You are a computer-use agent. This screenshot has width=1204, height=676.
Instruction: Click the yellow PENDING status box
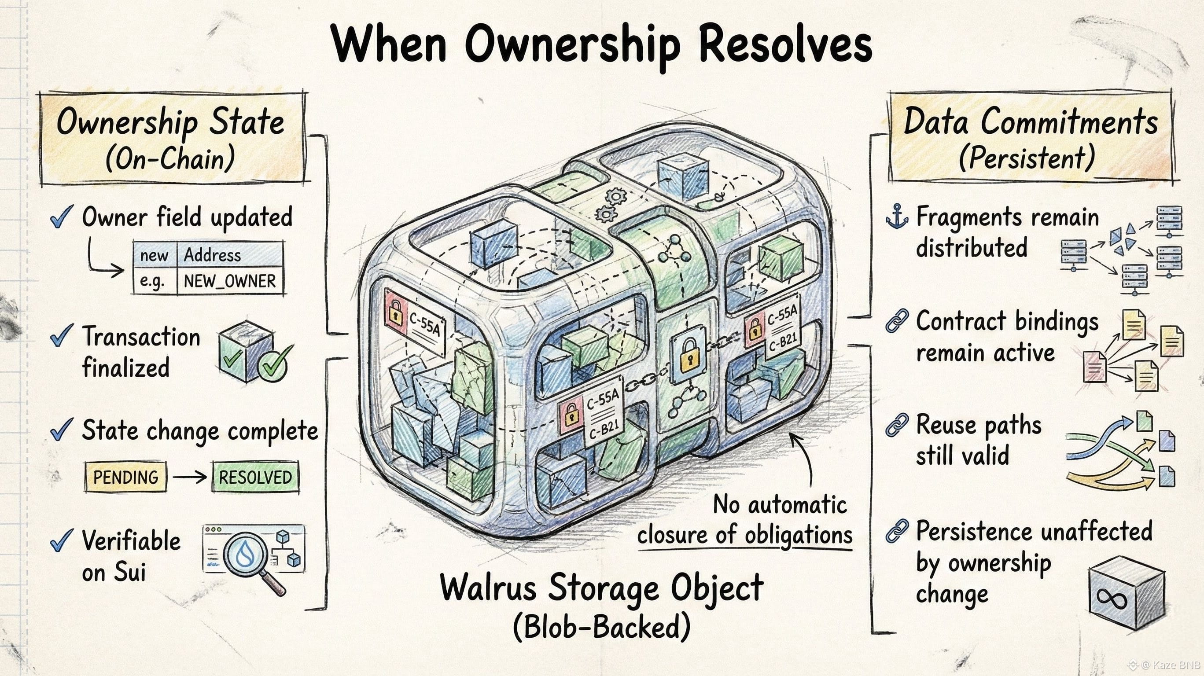click(126, 477)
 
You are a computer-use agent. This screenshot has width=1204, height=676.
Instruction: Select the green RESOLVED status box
click(255, 477)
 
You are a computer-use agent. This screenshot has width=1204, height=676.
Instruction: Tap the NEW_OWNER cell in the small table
click(229, 281)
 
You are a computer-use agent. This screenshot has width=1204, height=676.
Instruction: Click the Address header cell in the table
click(229, 255)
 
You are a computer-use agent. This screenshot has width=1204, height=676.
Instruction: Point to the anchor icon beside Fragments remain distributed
click(897, 217)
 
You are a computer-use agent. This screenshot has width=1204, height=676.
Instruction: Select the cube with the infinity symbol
click(1127, 592)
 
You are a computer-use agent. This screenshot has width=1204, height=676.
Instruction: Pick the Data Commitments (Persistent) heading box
click(1031, 138)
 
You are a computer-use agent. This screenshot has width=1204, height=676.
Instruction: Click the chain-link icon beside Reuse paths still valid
click(897, 426)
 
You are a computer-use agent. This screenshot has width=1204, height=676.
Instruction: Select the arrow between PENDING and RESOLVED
click(189, 477)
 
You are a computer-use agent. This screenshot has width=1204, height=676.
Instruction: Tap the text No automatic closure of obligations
click(757, 519)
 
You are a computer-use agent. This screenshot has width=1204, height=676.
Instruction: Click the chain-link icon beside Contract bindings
click(897, 320)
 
